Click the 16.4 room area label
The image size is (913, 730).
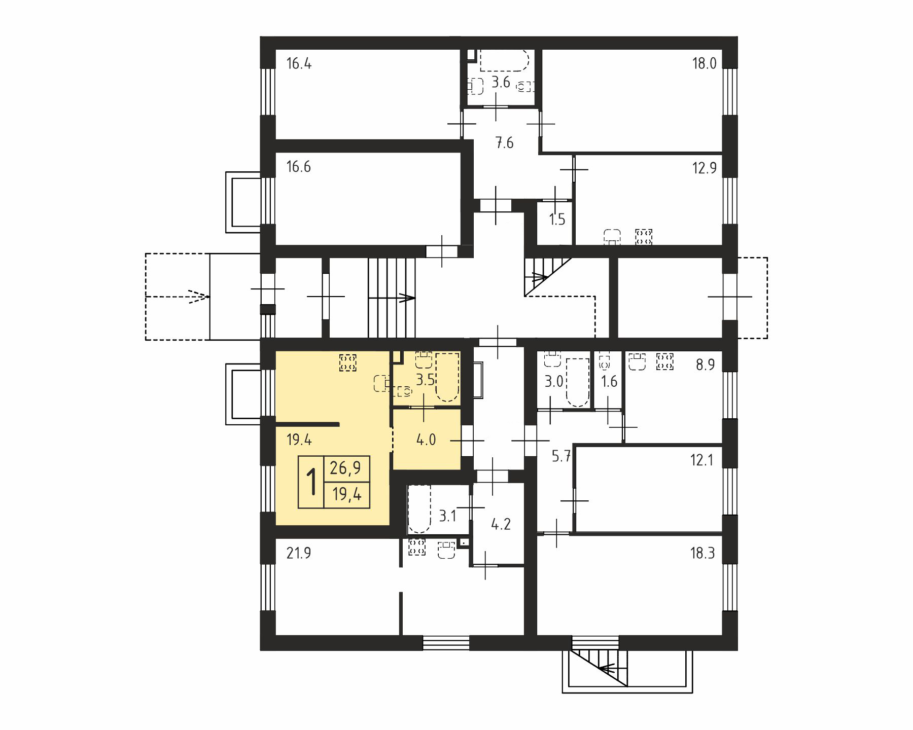299,64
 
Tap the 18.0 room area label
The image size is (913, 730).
704,64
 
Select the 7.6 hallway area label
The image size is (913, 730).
504,143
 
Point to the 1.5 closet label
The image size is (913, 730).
557,220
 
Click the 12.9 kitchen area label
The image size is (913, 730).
704,168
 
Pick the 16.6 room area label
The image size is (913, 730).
299,167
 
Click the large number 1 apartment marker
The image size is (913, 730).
311,482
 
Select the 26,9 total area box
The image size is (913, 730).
346,468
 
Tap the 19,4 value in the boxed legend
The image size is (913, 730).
346,494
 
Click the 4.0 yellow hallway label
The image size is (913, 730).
426,440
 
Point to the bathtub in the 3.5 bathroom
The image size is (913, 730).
447,377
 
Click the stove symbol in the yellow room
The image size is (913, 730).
348,363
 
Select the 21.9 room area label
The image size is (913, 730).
299,553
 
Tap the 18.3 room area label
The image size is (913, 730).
703,553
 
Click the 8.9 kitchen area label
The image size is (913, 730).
706,365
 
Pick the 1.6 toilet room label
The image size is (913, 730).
609,381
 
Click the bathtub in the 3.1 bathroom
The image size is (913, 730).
419,508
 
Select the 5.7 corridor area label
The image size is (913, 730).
561,457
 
